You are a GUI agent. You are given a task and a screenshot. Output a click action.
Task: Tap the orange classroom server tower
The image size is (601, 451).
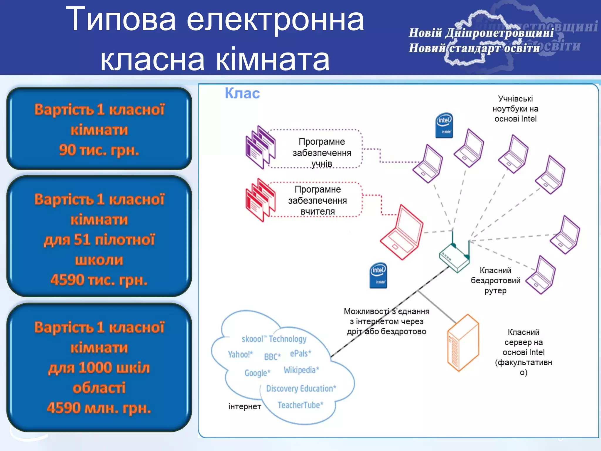pyautogui.click(x=463, y=343)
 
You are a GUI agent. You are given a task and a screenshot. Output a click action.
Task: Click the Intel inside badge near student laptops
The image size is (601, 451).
pyautogui.click(x=444, y=125)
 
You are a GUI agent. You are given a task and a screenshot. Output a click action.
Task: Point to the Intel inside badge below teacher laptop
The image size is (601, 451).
pyautogui.click(x=378, y=275)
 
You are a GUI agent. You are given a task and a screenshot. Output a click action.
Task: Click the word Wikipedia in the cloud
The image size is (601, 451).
pyautogui.click(x=301, y=370)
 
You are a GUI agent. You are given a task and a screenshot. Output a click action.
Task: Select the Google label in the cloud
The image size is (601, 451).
pyautogui.click(x=257, y=373)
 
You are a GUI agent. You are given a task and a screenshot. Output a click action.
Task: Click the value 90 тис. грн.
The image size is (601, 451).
pyautogui.click(x=99, y=150)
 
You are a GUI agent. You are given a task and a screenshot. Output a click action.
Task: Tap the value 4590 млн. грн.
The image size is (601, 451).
pyautogui.click(x=99, y=408)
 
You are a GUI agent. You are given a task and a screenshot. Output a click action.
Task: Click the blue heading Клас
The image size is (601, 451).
pyautogui.click(x=242, y=93)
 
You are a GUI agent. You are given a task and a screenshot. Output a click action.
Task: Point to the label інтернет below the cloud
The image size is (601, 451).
pyautogui.click(x=245, y=406)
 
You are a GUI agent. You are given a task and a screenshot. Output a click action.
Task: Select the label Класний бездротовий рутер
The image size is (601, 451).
pyautogui.click(x=495, y=280)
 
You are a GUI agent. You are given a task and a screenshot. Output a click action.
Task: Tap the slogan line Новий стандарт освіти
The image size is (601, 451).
pyautogui.click(x=474, y=48)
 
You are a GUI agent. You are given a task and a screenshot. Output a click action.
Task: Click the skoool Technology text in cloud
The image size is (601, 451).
pyautogui.click(x=274, y=339)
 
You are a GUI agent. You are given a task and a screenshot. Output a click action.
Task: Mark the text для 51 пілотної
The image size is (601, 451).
pyautogui.click(x=99, y=240)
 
